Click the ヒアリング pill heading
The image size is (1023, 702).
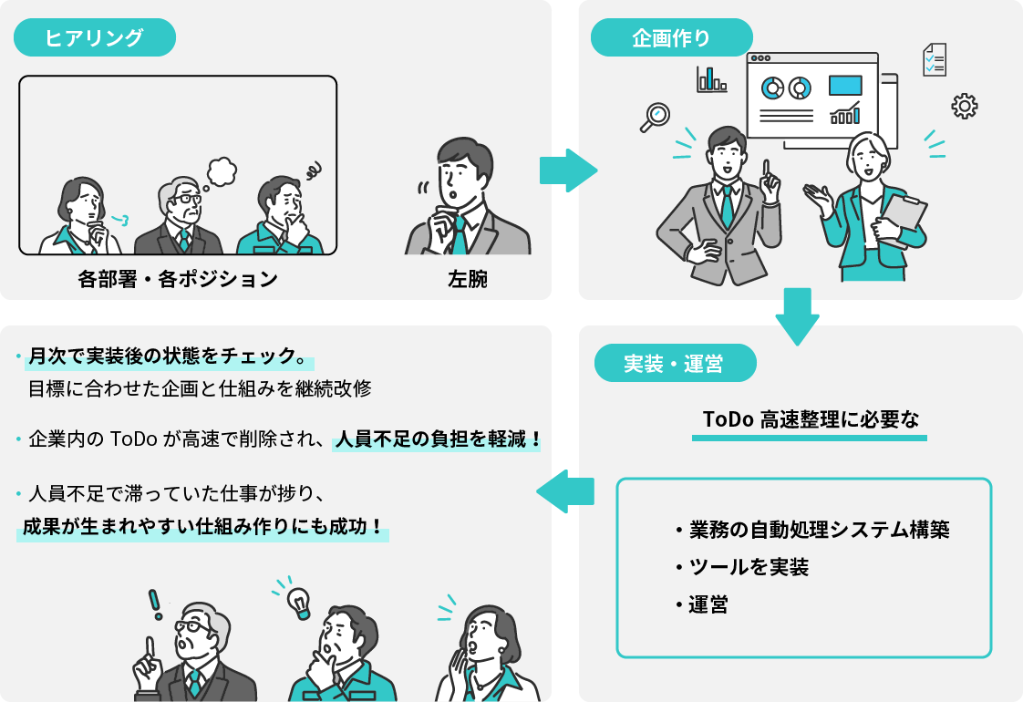pos(95,38)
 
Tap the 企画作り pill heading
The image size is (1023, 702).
pos(671,38)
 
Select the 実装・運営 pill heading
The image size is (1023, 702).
pos(675,363)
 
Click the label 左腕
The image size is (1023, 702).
pos(468,279)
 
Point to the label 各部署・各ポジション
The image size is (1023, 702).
pos(178,279)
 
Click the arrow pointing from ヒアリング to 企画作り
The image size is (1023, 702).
pos(567,170)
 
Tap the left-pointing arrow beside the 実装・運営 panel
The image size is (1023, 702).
pos(565,493)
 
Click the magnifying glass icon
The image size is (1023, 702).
pos(656,117)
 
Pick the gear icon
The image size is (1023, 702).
pos(964,107)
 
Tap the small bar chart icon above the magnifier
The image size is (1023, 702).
pos(711,80)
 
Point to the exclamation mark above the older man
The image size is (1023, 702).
pos(155,604)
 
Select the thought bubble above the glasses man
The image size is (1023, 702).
pos(221,170)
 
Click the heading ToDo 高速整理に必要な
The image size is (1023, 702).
pos(810,419)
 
